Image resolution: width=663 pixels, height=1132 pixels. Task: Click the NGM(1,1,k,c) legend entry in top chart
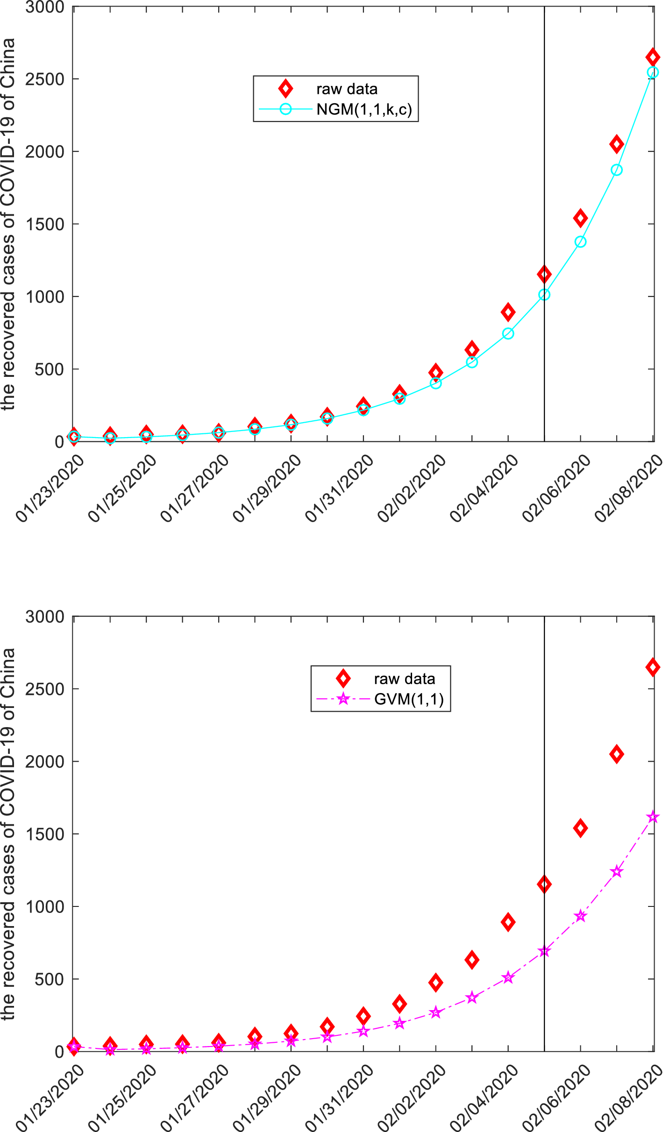coord(364,109)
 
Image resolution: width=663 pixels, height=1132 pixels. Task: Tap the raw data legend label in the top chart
coord(347,89)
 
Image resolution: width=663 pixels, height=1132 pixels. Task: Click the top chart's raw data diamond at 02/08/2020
coord(653,57)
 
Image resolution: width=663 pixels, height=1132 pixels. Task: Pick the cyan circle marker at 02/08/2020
coord(653,72)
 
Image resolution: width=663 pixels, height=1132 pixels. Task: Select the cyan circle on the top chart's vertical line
coord(544,295)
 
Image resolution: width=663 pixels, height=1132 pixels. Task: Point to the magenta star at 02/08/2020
coord(653,817)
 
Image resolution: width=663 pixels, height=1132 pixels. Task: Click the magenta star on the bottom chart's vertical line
coord(544,951)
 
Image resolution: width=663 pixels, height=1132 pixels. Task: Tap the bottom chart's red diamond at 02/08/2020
coord(653,667)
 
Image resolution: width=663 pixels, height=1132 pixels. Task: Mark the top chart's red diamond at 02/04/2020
coord(508,312)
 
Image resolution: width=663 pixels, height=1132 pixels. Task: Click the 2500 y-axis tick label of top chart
coord(45,79)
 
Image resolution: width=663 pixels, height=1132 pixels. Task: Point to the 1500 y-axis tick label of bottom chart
coord(45,834)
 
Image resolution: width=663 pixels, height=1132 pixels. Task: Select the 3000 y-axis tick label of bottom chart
coord(45,617)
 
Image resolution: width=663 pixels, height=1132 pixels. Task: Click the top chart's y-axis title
coord(8,224)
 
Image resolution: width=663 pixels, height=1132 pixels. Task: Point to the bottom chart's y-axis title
coord(8,834)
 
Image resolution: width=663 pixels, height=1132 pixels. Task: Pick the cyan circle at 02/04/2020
coord(508,333)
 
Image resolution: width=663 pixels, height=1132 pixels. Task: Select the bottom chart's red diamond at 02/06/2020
coord(580,828)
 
